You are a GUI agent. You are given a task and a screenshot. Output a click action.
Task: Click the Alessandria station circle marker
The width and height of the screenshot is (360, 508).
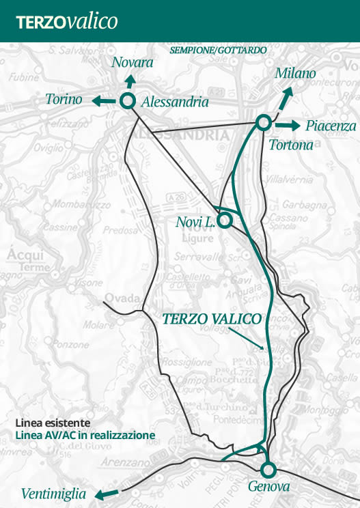[126, 101]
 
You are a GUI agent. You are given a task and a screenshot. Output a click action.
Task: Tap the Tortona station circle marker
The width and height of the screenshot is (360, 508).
[262, 122]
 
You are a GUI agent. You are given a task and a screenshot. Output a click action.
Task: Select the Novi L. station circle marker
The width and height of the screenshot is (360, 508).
[224, 221]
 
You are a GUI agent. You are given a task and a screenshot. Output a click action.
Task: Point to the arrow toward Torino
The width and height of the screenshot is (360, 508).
[103, 101]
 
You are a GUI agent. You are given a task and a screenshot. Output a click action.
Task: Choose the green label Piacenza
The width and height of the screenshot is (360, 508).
[331, 126]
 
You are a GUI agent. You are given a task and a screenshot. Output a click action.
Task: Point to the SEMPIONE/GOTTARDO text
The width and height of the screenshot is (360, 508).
[218, 51]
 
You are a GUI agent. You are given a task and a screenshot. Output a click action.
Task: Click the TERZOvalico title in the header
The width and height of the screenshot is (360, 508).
[67, 21]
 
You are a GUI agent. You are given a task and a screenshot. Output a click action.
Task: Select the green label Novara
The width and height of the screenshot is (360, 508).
[132, 63]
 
